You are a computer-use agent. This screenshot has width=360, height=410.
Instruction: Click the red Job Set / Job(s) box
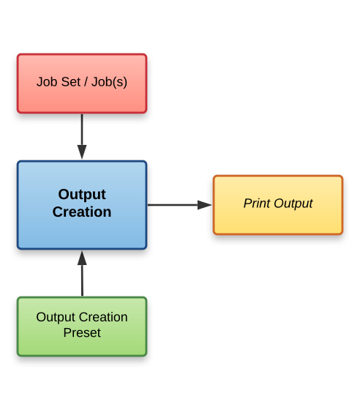point(82,83)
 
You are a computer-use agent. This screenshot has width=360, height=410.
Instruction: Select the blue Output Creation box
point(82,205)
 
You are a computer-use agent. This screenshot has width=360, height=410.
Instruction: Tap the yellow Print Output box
point(278,205)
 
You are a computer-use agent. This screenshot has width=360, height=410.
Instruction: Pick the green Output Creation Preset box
point(82,327)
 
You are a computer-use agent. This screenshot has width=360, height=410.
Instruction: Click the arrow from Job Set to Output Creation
point(82,136)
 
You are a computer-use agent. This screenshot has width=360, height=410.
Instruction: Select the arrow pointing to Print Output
point(179,205)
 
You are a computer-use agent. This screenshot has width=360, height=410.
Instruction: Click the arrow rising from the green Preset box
point(82,275)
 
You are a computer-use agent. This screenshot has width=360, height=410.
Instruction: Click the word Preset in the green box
point(82,333)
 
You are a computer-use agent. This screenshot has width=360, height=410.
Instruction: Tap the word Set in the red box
point(65,82)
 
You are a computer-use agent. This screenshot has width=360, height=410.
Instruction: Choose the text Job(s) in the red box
point(109,82)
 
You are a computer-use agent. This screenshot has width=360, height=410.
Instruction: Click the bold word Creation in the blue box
point(82,212)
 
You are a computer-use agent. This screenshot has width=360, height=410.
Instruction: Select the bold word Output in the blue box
point(82,195)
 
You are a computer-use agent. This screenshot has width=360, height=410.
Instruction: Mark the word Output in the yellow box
point(293,204)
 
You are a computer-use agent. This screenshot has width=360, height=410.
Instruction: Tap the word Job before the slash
point(45,82)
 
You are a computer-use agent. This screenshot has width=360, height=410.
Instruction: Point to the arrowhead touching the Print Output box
point(205,205)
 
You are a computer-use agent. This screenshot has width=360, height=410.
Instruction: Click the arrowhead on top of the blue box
point(82,152)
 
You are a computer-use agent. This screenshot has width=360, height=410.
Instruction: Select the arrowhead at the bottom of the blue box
point(82,258)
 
